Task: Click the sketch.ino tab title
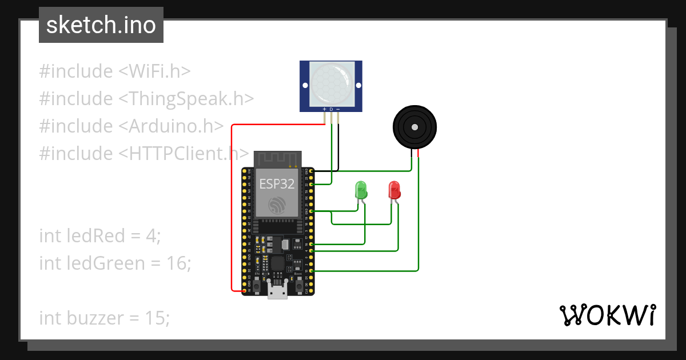[x=101, y=25]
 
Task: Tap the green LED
[x=361, y=190]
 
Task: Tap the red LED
[x=394, y=190]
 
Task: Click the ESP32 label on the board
[x=277, y=183]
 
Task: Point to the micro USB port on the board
[x=278, y=292]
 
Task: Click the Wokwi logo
[x=607, y=315]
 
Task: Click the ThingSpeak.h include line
[x=146, y=99]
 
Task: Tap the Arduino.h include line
[x=131, y=126]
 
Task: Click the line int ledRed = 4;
[x=100, y=235]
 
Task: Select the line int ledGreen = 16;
[x=115, y=263]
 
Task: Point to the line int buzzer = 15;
[x=105, y=318]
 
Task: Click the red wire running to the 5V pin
[x=232, y=217]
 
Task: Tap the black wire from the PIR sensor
[x=338, y=143]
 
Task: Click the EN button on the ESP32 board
[x=258, y=284]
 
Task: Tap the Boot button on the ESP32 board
[x=298, y=284]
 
